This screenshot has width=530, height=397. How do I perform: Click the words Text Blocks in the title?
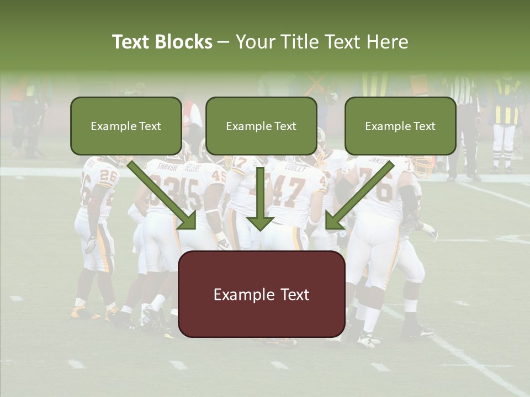tap(162, 42)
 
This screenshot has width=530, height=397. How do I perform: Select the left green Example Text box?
tap(126, 126)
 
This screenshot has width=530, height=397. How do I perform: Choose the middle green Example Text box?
tap(261, 126)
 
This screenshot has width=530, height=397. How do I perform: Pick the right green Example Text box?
tap(400, 126)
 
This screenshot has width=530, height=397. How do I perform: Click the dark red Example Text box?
tap(261, 294)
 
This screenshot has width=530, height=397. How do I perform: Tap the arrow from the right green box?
tap(358, 195)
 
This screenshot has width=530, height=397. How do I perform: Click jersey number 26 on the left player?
tap(107, 180)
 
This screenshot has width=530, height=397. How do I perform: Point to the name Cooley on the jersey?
tap(295, 168)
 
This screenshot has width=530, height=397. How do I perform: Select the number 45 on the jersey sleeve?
tap(219, 176)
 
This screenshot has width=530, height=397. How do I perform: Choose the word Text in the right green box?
tap(423, 126)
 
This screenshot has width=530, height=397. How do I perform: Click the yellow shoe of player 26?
tap(83, 313)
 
